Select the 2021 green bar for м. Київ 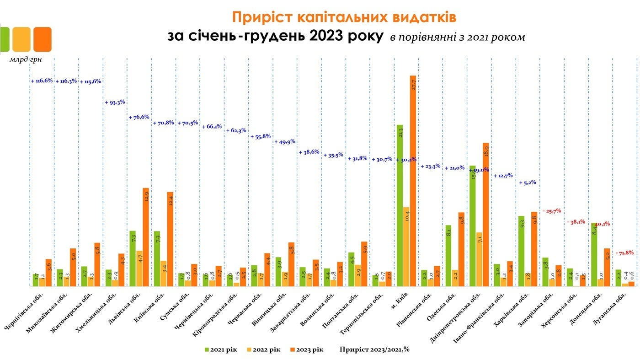[x=400, y=205]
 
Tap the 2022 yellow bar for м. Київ [x=406, y=247]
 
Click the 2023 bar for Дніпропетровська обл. [x=485, y=215]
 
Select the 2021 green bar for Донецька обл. [x=594, y=254]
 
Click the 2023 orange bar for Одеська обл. [x=461, y=249]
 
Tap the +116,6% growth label [x=42, y=81]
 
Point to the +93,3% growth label [x=115, y=102]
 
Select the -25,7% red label [x=551, y=211]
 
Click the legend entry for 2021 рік [x=221, y=349]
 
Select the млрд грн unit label [x=26, y=59]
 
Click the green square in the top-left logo [x=5, y=39]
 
